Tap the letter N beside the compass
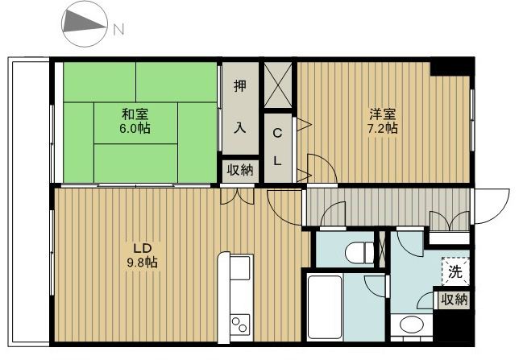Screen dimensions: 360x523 click(118, 31)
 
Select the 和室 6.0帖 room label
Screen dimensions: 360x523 click(136, 121)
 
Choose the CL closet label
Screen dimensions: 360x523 click(277, 146)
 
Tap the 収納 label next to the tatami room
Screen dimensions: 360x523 click(240, 170)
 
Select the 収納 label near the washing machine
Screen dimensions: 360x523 click(454, 300)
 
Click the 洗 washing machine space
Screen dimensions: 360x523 click(455, 272)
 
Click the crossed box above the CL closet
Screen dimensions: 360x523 click(279, 84)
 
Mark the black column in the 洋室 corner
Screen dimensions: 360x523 click(442, 68)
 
